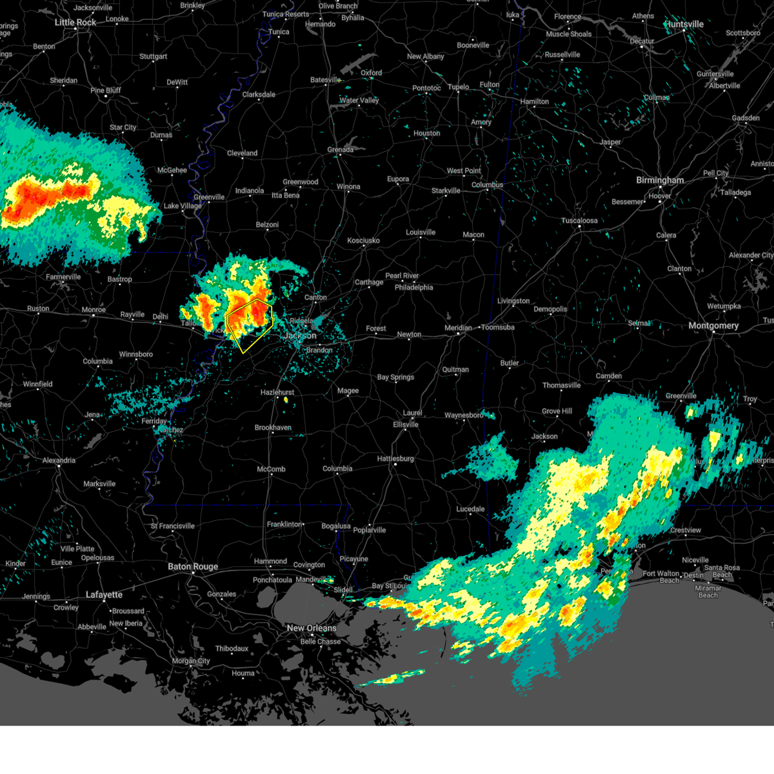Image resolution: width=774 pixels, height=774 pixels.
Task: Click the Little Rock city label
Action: tap(75, 23)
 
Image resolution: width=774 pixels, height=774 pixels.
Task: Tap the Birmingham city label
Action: tap(660, 180)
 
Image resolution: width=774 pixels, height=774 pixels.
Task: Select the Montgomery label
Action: tap(713, 326)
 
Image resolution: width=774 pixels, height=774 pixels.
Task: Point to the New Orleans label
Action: tap(312, 628)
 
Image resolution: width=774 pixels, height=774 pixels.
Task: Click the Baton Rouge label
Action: tap(193, 567)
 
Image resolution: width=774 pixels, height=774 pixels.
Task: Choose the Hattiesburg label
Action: tap(395, 459)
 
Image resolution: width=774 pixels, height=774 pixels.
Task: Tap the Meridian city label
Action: tap(458, 328)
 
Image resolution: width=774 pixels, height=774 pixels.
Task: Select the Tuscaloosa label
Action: tap(579, 221)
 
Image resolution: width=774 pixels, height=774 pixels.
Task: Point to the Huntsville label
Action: tap(684, 25)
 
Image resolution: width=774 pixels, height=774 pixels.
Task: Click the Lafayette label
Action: tap(104, 595)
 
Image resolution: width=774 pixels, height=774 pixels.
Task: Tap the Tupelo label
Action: tap(458, 87)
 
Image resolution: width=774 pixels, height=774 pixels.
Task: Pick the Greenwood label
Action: tap(301, 182)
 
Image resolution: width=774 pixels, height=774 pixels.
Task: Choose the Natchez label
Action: tap(170, 430)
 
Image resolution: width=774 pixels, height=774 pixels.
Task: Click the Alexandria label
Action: tap(59, 461)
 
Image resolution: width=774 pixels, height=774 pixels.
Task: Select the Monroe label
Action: tap(94, 310)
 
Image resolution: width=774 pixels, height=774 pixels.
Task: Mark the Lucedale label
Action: tap(470, 509)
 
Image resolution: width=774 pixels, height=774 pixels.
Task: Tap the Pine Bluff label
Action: tap(106, 90)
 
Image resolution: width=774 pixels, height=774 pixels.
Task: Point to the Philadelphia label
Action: tap(413, 288)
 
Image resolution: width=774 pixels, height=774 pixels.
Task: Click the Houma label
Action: tap(243, 673)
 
